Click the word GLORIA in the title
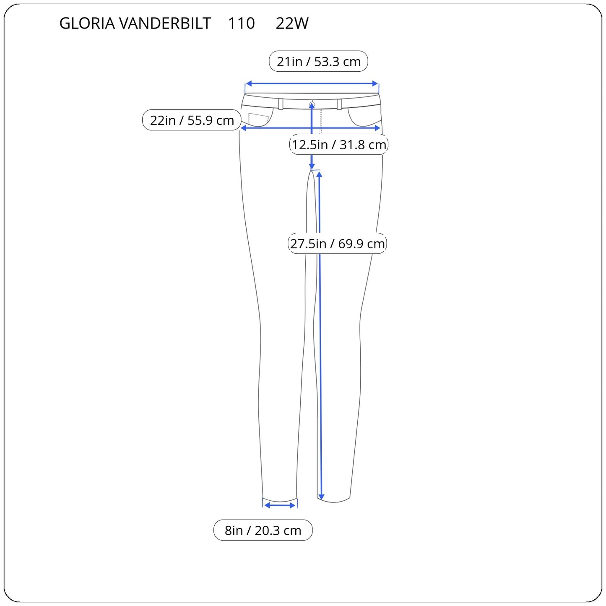coord(87,23)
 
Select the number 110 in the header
coord(241,23)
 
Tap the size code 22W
coord(292,23)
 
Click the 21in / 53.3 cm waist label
coord(318,61)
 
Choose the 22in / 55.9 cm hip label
coord(192,120)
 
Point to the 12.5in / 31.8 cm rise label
coord(339,144)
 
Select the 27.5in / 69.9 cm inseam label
coord(337,243)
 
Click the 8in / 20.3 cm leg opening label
coord(263,530)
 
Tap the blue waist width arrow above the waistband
coord(312,83)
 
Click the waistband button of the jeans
coord(312,104)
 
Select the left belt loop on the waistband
coord(281,104)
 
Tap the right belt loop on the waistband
coord(339,104)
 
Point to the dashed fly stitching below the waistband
coord(321,122)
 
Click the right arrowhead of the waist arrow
coord(375,83)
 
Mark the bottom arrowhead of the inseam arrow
coord(321,497)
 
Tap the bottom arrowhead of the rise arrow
coord(312,166)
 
